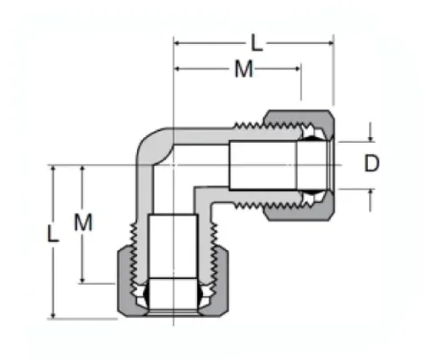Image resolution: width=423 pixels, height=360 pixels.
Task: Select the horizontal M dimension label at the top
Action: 244,70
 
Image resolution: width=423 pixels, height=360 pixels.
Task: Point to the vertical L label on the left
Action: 53,234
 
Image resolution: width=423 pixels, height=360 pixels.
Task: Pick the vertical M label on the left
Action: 82,223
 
